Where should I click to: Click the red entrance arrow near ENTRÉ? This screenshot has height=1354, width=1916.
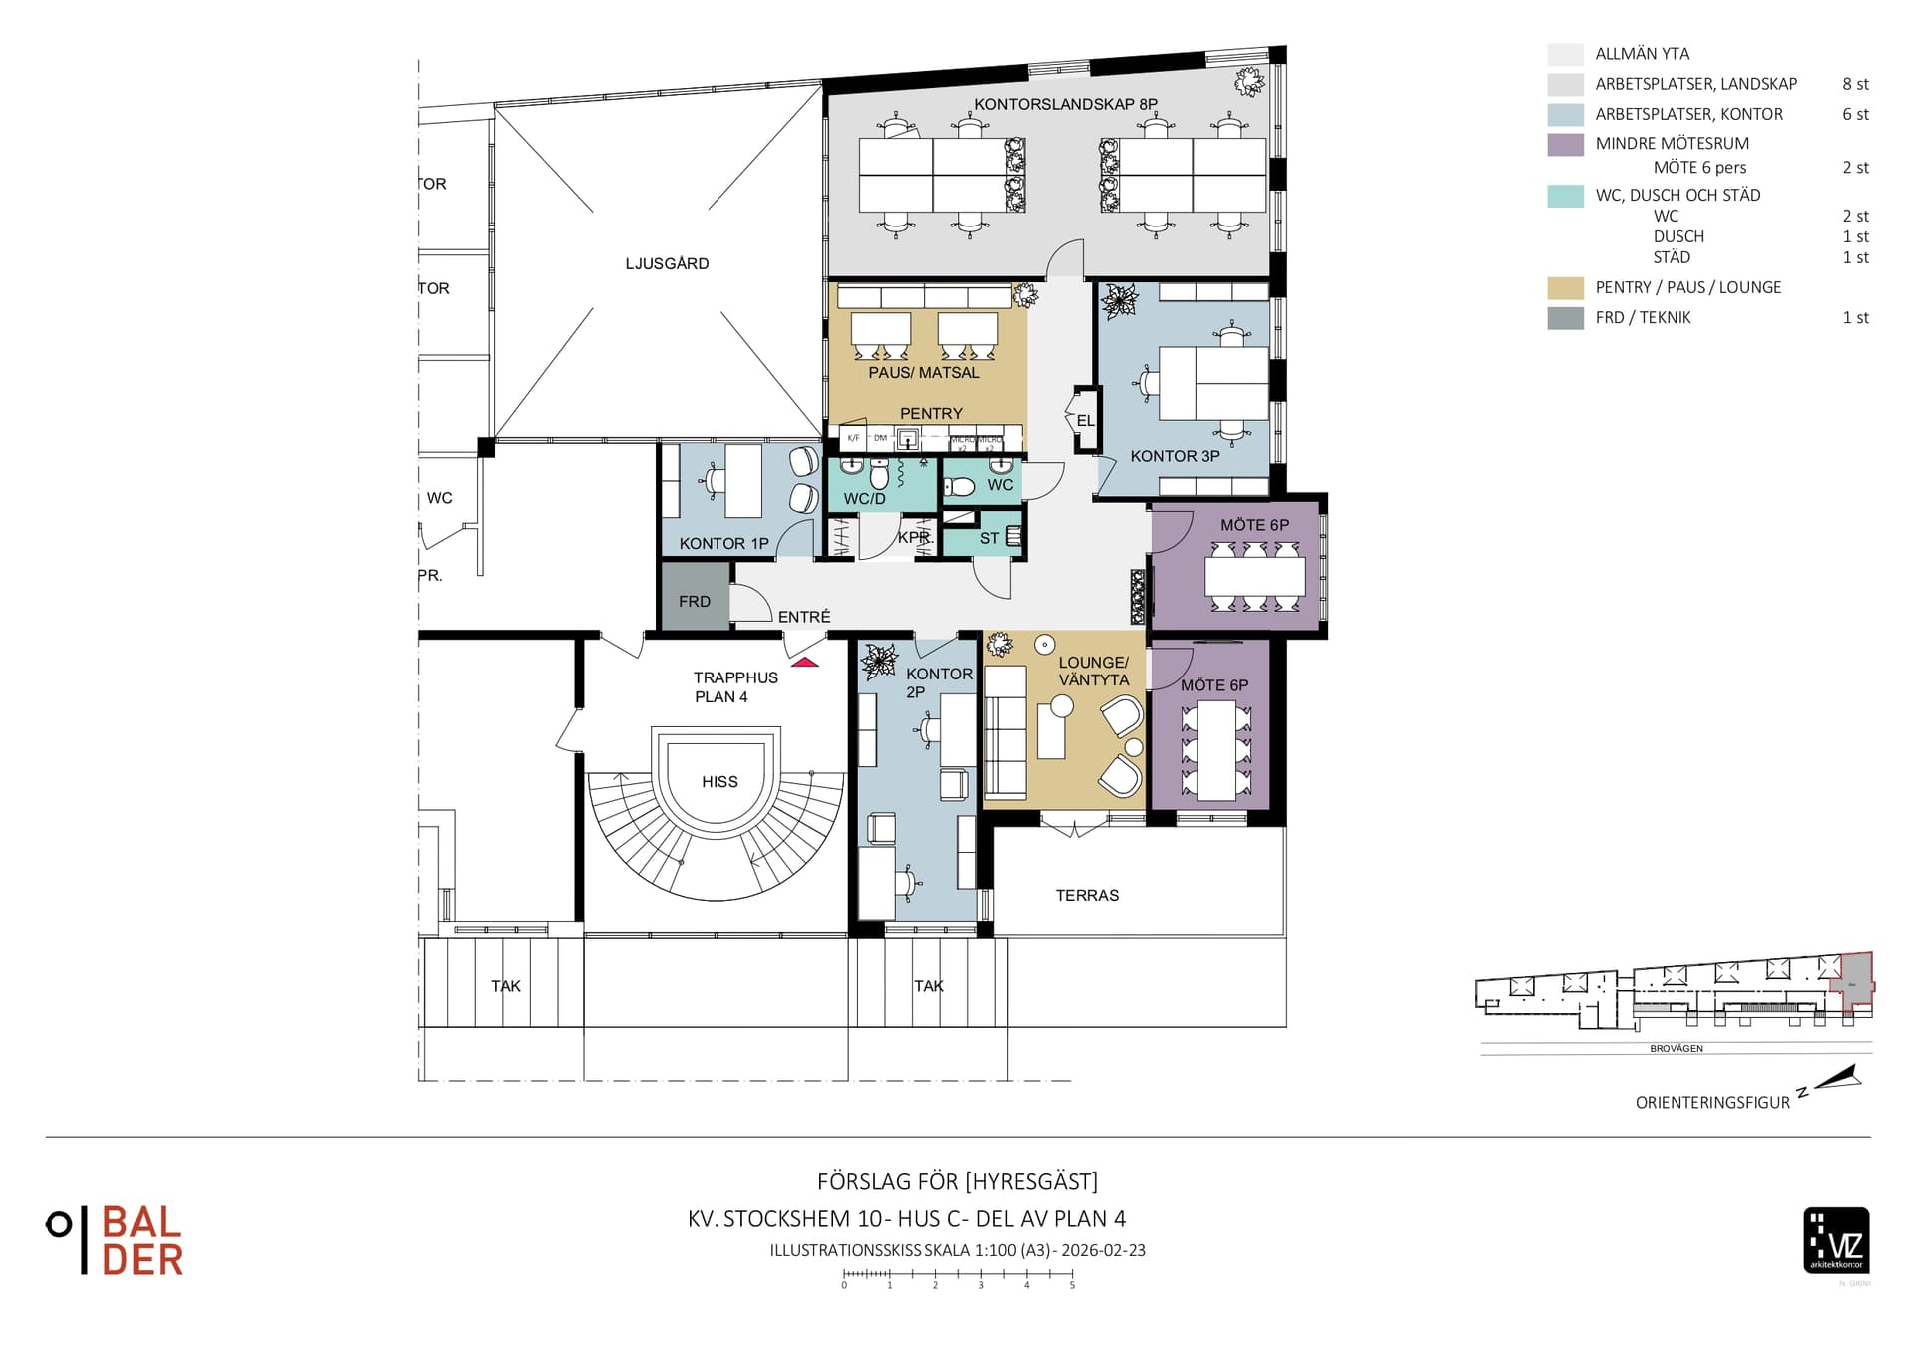pos(804,662)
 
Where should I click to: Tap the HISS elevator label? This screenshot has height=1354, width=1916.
pos(719,782)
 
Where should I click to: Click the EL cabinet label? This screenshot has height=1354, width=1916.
pos(1085,421)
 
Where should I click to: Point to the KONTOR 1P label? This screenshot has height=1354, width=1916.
pos(723,544)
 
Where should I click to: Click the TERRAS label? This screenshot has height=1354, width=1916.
pos(1087,896)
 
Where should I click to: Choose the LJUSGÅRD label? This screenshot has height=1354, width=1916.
pos(667,264)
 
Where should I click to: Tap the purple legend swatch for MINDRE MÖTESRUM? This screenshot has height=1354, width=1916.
pos(1565,144)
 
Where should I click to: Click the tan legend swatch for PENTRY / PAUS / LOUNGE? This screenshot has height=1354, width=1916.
pos(1565,288)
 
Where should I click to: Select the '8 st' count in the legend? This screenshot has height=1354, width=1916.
pos(1855,85)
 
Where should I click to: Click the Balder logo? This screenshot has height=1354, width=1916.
pos(116,1240)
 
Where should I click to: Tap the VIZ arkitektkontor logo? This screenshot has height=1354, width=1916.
pos(1836,1240)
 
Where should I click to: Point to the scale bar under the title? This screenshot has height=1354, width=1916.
pos(957,1275)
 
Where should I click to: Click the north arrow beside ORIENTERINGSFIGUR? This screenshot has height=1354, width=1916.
pos(1839,1078)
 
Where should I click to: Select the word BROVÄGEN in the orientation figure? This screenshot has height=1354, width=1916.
pos(1676,1049)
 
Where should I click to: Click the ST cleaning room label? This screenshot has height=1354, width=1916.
pos(989,539)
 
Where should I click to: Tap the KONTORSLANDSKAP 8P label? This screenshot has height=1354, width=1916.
pos(1065,104)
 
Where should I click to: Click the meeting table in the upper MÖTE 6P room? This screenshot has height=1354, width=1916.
pos(1254,576)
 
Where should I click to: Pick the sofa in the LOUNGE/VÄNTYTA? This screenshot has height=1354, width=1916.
pos(1005,732)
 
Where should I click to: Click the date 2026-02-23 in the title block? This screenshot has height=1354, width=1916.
pos(1103,1250)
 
